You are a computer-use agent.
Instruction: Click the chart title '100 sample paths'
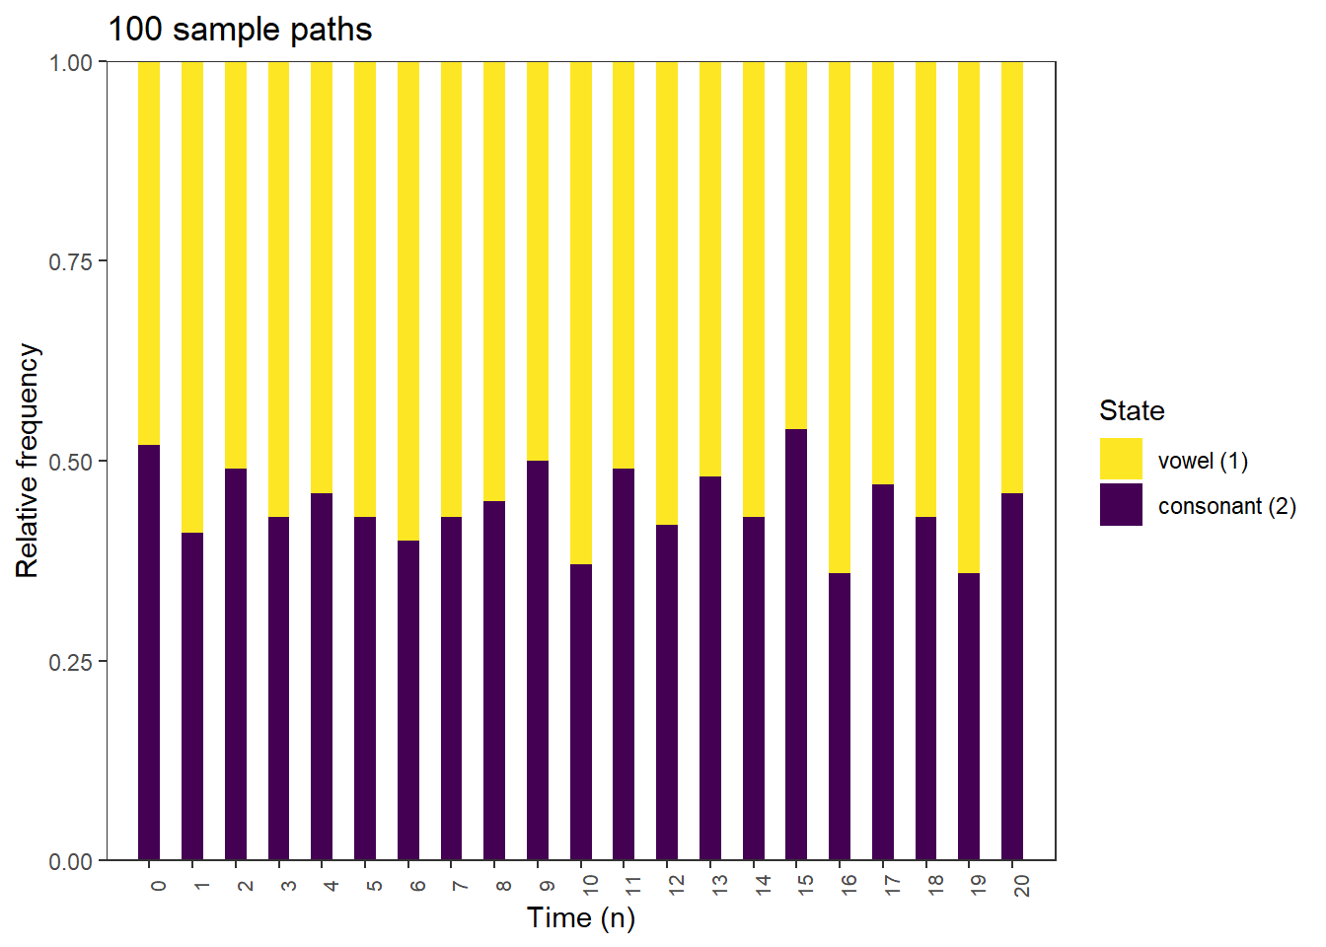point(240,30)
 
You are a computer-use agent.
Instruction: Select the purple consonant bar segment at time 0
point(149,651)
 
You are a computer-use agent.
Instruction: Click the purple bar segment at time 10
point(581,710)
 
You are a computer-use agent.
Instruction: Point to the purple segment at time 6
point(408,700)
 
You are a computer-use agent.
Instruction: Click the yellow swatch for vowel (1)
point(1121,460)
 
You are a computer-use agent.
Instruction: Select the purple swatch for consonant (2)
point(1121,505)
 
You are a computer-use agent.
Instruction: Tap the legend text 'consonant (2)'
point(1226,506)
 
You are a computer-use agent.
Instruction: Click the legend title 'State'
point(1132,410)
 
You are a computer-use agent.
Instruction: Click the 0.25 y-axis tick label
point(70,662)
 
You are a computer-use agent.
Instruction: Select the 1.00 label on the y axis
point(70,62)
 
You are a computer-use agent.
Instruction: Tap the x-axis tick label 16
point(849,885)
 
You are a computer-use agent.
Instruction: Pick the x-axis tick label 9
point(548,886)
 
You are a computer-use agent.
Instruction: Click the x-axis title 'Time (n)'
point(581,917)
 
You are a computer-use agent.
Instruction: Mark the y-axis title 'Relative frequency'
point(27,461)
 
